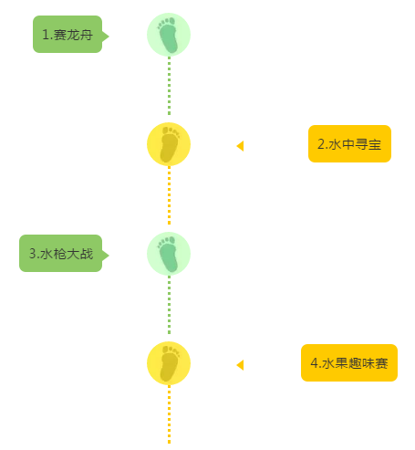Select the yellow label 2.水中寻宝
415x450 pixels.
[349, 143]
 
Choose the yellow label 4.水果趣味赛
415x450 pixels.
[349, 362]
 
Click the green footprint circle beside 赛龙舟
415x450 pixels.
[169, 35]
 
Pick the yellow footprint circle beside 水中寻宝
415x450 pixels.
[169, 144]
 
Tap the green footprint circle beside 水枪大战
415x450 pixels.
[169, 254]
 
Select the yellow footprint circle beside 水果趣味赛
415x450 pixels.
[169, 363]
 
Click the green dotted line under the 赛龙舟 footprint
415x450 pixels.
[170, 86]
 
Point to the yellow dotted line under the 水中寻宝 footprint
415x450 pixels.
[170, 195]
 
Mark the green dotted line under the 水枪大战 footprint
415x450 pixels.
[170, 305]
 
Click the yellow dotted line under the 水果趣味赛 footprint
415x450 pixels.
[170, 414]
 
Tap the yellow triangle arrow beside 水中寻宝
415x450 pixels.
[241, 146]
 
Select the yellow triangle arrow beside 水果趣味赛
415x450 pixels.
[241, 365]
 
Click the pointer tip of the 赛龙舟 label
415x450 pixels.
[109, 37]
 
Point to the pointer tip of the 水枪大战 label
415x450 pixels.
[109, 256]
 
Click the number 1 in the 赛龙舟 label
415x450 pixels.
[46, 35]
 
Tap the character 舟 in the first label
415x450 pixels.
[87, 35]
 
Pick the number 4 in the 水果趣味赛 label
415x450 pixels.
[315, 363]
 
